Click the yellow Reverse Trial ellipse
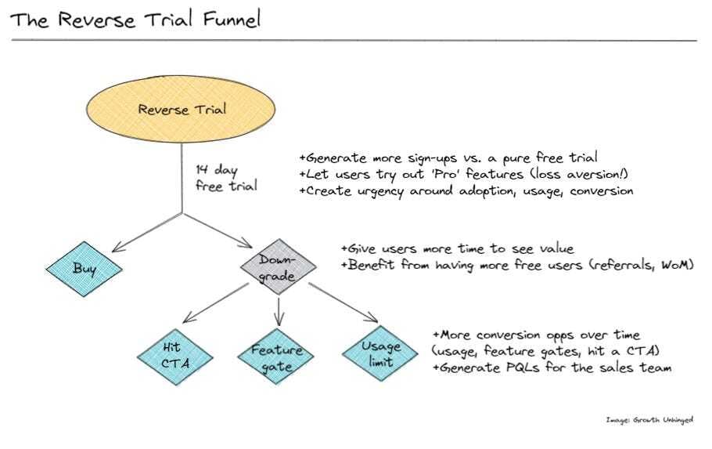pos(182,109)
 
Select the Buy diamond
pos(85,269)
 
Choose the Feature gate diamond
pos(277,357)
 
